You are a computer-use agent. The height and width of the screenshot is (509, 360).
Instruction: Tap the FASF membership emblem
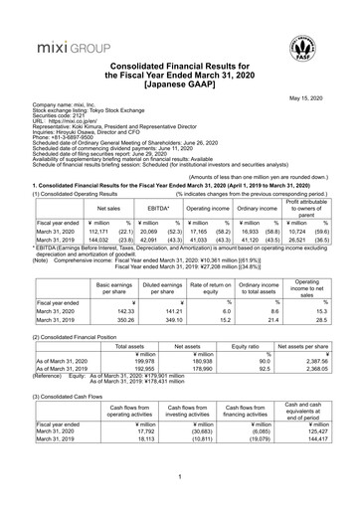(323, 41)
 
